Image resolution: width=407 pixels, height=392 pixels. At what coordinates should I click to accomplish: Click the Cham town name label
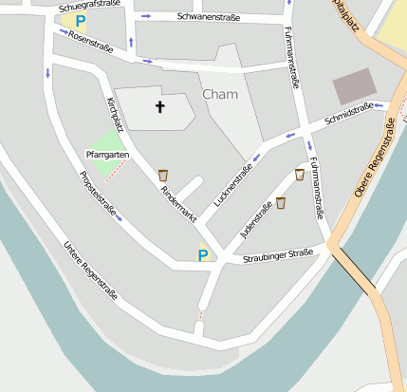[x=220, y=94]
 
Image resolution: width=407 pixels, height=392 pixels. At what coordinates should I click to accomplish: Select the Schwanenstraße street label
[x=209, y=17]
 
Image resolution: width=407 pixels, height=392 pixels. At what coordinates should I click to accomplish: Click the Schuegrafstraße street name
[x=89, y=5]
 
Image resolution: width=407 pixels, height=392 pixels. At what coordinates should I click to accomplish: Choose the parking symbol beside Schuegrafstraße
[x=81, y=20]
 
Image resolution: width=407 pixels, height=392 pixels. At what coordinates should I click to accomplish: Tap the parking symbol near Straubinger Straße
[x=202, y=254]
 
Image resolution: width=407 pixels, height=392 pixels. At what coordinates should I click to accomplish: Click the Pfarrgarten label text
[x=106, y=154]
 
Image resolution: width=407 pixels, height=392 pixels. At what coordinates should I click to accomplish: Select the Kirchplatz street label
[x=115, y=113]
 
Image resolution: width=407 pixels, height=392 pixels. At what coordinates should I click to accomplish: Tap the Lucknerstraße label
[x=233, y=186]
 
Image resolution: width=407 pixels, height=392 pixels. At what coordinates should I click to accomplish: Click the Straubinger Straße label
[x=277, y=255]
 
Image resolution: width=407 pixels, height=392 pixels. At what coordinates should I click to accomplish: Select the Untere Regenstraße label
[x=90, y=271]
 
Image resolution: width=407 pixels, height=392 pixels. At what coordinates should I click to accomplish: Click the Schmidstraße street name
[x=348, y=115]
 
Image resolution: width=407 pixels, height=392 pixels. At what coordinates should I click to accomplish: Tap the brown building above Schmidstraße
[x=354, y=86]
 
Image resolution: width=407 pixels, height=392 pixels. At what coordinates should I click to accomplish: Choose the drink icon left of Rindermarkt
[x=163, y=175]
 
